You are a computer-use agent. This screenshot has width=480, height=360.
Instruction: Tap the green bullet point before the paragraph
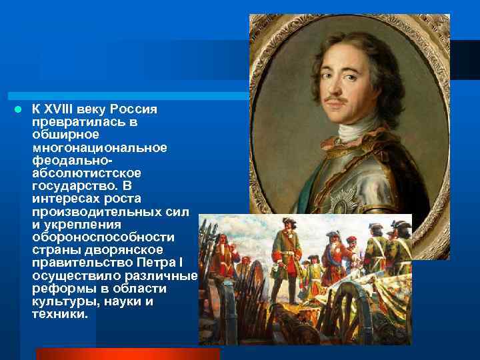[x=21, y=109]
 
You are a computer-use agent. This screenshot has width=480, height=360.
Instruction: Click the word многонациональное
[x=99, y=147]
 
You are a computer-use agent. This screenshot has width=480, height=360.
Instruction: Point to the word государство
[x=71, y=185]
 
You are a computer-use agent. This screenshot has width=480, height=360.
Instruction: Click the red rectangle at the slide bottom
[x=127, y=353]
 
